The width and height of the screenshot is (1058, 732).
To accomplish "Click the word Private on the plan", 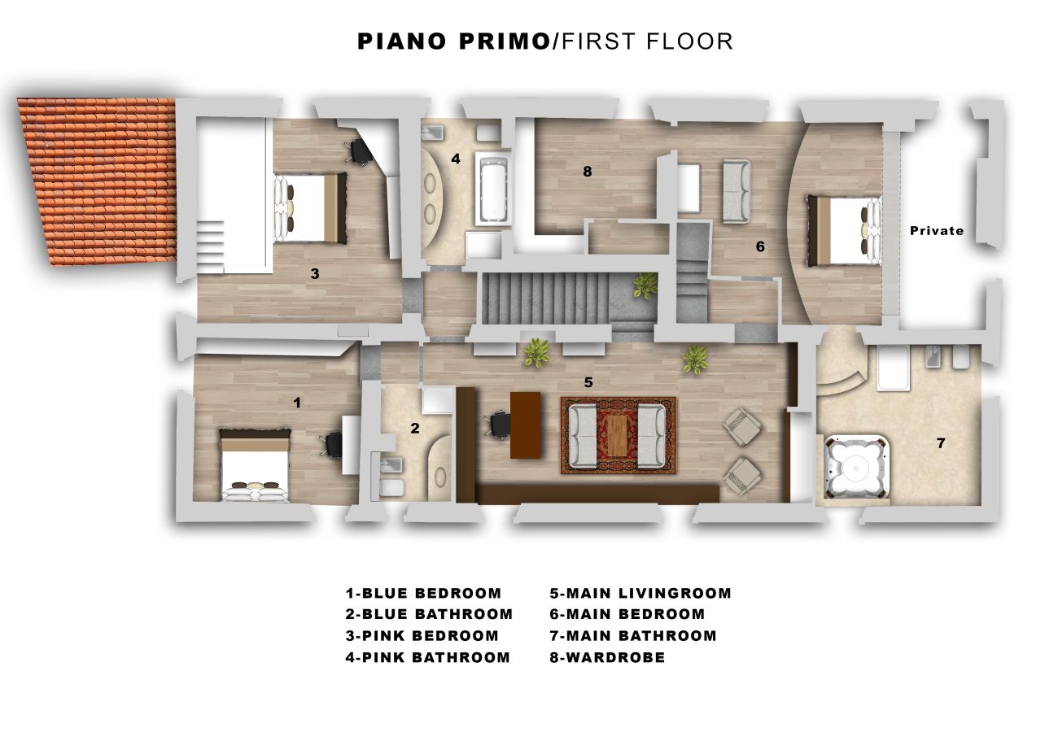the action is click(x=937, y=231).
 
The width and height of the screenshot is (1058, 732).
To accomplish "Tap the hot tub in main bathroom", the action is click(x=856, y=467).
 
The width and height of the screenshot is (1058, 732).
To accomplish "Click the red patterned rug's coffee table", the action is click(x=616, y=434).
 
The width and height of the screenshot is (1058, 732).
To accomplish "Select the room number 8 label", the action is click(x=587, y=172).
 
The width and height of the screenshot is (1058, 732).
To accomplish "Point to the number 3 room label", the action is click(x=315, y=273).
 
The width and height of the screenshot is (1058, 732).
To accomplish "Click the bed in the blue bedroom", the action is click(x=255, y=465).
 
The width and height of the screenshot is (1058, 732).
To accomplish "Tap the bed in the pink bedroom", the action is click(x=310, y=208).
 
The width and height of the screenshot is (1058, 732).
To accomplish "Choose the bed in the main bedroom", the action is click(x=844, y=231).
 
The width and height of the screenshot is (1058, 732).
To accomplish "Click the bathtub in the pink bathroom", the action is click(x=493, y=188).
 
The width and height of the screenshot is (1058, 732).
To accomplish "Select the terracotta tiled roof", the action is click(x=97, y=181).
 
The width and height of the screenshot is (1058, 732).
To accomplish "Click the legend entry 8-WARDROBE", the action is click(x=607, y=657).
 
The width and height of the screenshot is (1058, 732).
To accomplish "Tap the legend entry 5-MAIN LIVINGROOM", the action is click(x=640, y=593).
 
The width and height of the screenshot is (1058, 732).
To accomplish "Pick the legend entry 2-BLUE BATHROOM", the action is click(x=429, y=614).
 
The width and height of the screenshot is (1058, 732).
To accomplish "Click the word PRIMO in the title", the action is click(x=504, y=41).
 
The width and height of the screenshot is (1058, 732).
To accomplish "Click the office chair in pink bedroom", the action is click(x=359, y=151).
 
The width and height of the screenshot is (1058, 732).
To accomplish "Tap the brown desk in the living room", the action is click(x=525, y=425).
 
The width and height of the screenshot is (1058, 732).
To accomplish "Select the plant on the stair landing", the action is click(x=645, y=285).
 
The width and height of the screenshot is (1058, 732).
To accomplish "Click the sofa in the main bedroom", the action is click(x=736, y=191).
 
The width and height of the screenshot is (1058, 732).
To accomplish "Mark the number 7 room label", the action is click(x=940, y=443).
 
